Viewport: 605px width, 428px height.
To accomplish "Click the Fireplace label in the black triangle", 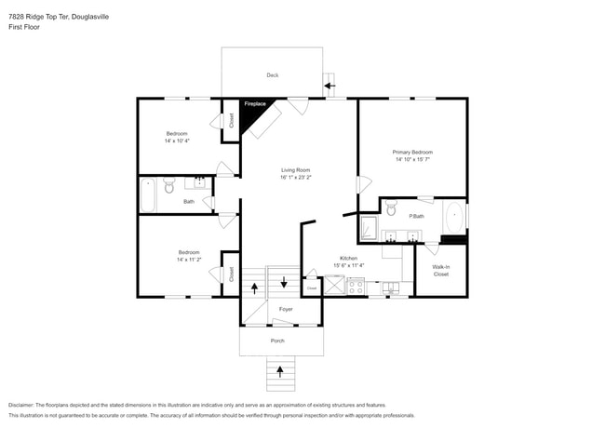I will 255,104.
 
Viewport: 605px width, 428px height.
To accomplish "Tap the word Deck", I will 273,75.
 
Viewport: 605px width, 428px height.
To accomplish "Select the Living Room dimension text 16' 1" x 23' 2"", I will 296,177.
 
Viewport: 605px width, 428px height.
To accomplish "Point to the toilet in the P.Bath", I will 391,207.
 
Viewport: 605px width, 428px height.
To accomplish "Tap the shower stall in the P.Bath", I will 369,227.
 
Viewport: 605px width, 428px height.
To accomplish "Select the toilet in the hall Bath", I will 168,189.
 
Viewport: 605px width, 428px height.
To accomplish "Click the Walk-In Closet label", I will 440,271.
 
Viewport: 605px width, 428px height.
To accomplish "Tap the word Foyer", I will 286,309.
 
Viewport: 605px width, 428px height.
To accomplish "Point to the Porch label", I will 277,341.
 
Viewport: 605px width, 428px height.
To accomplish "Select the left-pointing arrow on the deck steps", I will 330,87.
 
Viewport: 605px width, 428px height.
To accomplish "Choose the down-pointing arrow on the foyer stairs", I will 283,282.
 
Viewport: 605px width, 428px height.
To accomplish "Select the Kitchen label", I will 347,258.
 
